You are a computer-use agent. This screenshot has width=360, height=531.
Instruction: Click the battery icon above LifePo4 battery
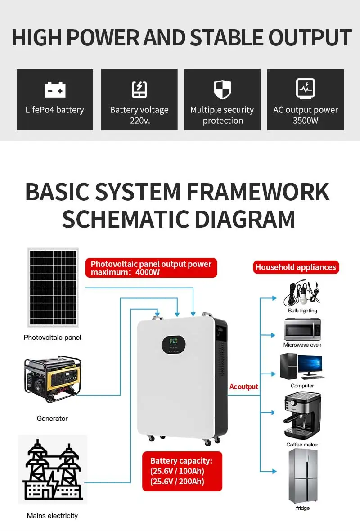coord(55,90)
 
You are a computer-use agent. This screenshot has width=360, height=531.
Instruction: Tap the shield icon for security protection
coord(222,90)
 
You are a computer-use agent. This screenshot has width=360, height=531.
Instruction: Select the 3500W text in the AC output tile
coord(306,121)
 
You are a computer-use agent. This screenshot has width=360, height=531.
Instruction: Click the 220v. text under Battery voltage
coord(139,121)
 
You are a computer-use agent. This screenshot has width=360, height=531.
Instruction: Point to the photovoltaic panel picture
coord(53,288)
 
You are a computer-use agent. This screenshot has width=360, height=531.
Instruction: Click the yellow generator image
coord(53,378)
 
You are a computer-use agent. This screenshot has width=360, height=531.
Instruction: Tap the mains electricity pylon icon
coord(53,470)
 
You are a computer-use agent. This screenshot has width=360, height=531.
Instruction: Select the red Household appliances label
coord(296,267)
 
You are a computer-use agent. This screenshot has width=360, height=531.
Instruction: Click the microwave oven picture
coord(302,329)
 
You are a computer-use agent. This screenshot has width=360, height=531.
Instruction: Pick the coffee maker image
coord(302,415)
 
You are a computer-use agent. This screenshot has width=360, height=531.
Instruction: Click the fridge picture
coord(303,476)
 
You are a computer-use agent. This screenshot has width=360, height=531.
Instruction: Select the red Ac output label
coord(243,387)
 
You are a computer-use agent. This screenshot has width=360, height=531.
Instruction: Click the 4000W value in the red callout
coord(148,272)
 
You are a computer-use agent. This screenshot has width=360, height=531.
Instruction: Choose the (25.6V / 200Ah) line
coord(177,481)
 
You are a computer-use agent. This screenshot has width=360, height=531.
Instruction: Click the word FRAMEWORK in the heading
coord(258,192)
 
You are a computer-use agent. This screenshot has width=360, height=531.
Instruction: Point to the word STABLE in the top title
coord(226,37)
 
